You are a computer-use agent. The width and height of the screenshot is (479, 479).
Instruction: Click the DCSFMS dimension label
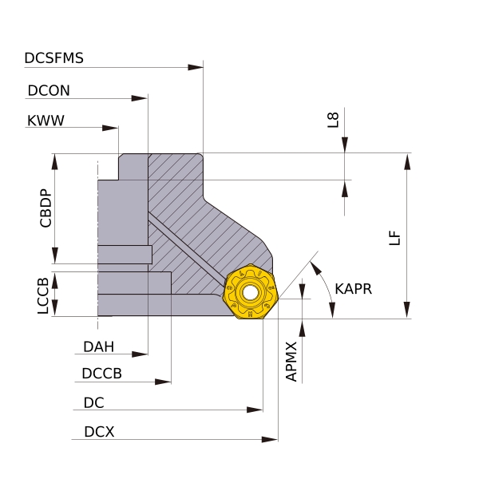click(54, 58)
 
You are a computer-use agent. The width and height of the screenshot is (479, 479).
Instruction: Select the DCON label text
click(49, 91)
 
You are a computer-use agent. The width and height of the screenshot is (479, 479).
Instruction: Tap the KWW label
click(46, 121)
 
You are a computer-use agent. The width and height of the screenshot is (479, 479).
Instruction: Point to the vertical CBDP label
click(46, 208)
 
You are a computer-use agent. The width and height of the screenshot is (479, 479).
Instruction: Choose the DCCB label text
click(102, 374)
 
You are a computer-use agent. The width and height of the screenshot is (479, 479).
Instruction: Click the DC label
click(93, 403)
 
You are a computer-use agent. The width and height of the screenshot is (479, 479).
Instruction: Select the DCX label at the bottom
click(99, 433)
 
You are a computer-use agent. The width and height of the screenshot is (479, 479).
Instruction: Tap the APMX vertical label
click(291, 362)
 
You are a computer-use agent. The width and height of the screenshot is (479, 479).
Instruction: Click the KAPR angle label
click(354, 288)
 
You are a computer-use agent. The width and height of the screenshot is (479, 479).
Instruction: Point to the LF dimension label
click(394, 238)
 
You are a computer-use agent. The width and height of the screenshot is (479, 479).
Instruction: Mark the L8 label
click(334, 120)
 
